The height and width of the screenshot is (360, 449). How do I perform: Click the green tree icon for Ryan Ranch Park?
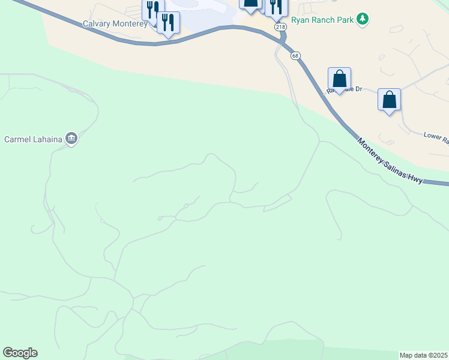point(362,19)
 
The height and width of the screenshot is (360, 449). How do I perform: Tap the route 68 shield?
point(295,56)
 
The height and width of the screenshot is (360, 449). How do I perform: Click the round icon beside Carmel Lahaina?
point(71,139)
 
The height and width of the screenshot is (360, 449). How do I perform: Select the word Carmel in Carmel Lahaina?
point(19,139)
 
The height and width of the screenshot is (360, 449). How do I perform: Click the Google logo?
point(20,353)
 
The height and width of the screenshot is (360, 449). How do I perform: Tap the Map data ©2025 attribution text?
point(424,355)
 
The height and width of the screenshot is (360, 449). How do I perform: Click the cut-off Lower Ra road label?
point(436,136)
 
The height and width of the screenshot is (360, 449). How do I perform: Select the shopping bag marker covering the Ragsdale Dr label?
point(339,79)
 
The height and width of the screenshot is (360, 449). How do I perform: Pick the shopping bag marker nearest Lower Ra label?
point(389,100)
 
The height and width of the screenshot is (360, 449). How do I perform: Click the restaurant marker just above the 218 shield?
point(276,6)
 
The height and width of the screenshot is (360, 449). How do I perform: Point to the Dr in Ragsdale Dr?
point(358,89)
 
